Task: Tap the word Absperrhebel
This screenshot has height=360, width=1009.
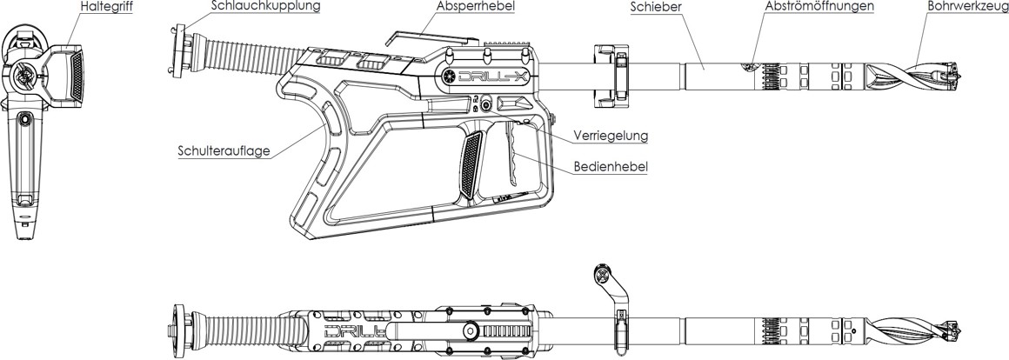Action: (x=476, y=7)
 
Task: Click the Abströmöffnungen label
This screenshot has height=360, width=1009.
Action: (x=819, y=7)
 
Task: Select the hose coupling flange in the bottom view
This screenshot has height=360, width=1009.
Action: (x=180, y=330)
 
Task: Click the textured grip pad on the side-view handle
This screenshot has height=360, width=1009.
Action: (x=470, y=165)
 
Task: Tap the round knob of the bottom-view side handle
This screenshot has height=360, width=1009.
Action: (x=600, y=275)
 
